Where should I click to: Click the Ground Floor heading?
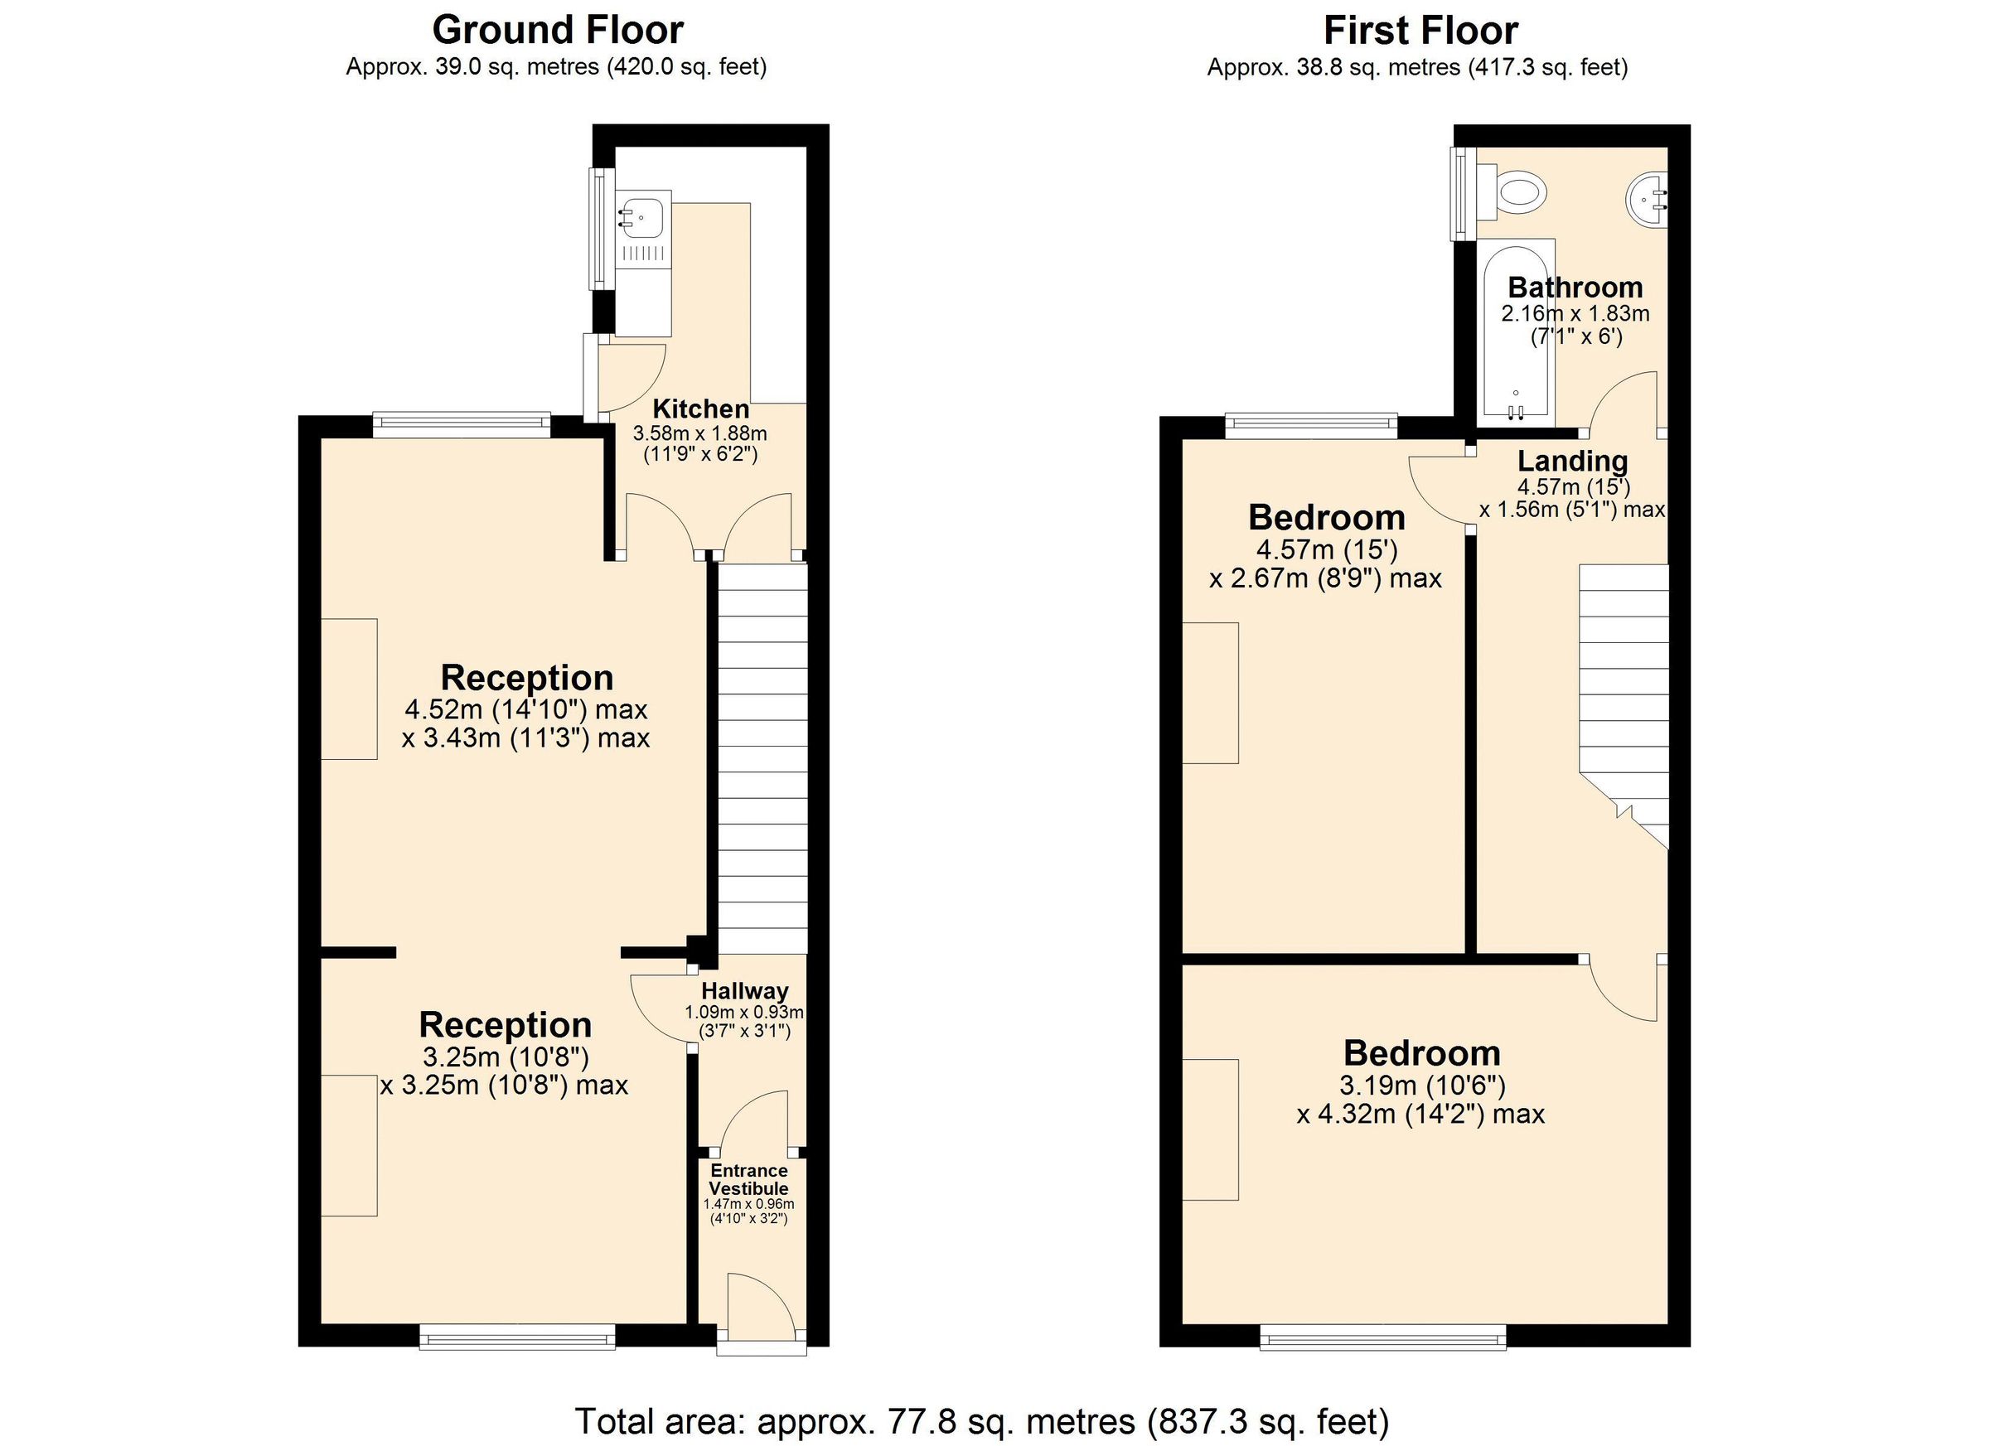click(557, 31)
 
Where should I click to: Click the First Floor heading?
click(1420, 31)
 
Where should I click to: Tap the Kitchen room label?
click(701, 409)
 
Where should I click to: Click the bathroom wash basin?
click(1647, 201)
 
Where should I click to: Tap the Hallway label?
click(744, 991)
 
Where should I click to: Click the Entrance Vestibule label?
click(749, 1179)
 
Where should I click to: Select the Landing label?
click(1572, 461)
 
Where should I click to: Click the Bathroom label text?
click(1575, 287)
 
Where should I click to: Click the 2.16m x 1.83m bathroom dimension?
click(1575, 313)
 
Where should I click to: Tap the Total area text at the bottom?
click(981, 1420)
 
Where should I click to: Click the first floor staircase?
click(1624, 684)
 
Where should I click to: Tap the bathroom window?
click(1460, 194)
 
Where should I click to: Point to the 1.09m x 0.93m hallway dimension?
click(743, 1012)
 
